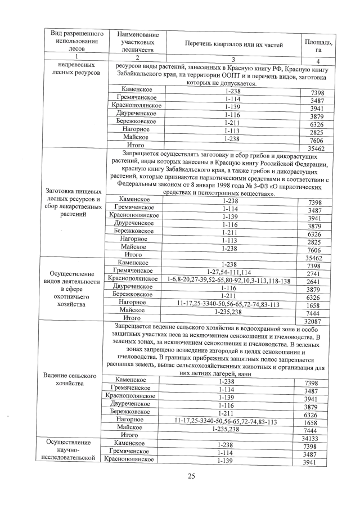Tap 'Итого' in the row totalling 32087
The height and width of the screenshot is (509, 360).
pos(133,318)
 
